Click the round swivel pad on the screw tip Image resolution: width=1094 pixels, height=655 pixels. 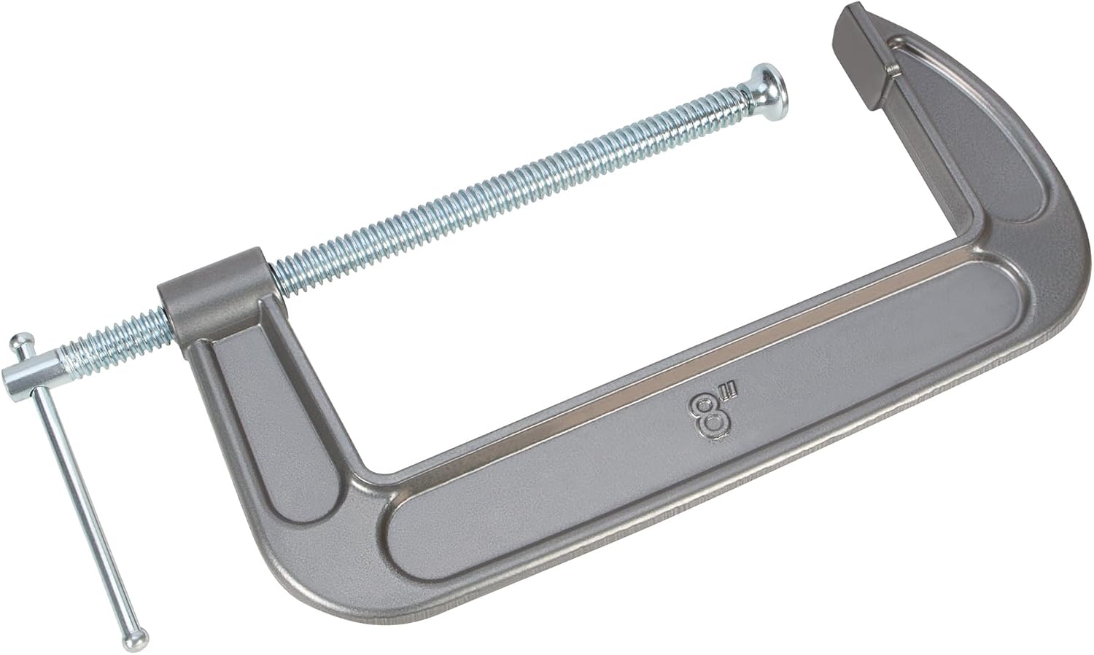click(x=770, y=97)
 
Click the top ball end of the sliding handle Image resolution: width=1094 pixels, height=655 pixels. click(x=21, y=342)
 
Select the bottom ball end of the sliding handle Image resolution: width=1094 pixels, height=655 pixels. click(x=135, y=638)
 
